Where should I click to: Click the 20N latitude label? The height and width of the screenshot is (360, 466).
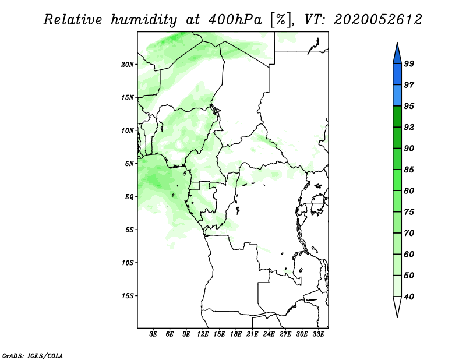point(128,65)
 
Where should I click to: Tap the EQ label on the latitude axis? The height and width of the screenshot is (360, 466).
point(129,197)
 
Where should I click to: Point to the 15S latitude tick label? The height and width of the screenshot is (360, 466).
point(128,296)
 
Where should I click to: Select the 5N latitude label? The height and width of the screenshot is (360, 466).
point(129,164)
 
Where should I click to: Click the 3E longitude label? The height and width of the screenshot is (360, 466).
point(153,334)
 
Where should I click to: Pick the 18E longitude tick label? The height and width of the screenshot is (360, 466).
point(236,334)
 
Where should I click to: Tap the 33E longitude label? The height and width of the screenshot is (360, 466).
point(318,334)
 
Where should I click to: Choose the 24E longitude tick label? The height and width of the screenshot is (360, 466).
point(269,334)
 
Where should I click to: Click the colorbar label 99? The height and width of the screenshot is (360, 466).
point(409,63)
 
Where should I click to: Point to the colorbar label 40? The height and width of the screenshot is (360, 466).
point(409,297)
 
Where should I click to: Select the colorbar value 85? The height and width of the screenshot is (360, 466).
point(409,170)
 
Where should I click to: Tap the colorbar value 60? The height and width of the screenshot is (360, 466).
point(409,254)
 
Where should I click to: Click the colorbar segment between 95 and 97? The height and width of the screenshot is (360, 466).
point(397,96)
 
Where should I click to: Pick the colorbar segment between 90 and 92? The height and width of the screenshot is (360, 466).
point(397,137)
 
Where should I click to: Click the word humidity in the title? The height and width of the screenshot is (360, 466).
point(144,20)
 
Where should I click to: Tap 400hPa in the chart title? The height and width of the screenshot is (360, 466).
point(235,20)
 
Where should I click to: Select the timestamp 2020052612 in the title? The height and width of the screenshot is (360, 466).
point(377,20)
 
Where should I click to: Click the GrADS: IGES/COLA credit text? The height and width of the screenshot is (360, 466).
point(33,355)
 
